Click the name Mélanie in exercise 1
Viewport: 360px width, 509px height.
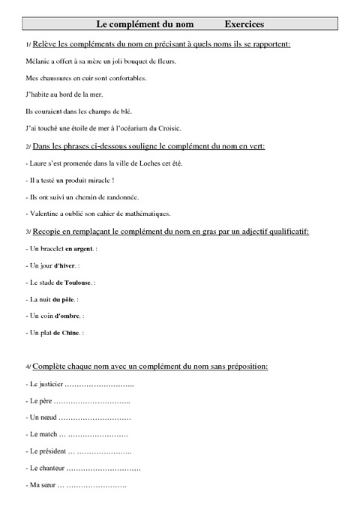pos(37,61)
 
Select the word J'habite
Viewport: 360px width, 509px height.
pos(37,94)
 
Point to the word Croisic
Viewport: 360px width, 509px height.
pos(169,127)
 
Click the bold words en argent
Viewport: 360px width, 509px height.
pos(79,249)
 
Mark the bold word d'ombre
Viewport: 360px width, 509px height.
pos(67,316)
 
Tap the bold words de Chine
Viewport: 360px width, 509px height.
pos(68,332)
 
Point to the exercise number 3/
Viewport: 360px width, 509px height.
pos(28,232)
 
